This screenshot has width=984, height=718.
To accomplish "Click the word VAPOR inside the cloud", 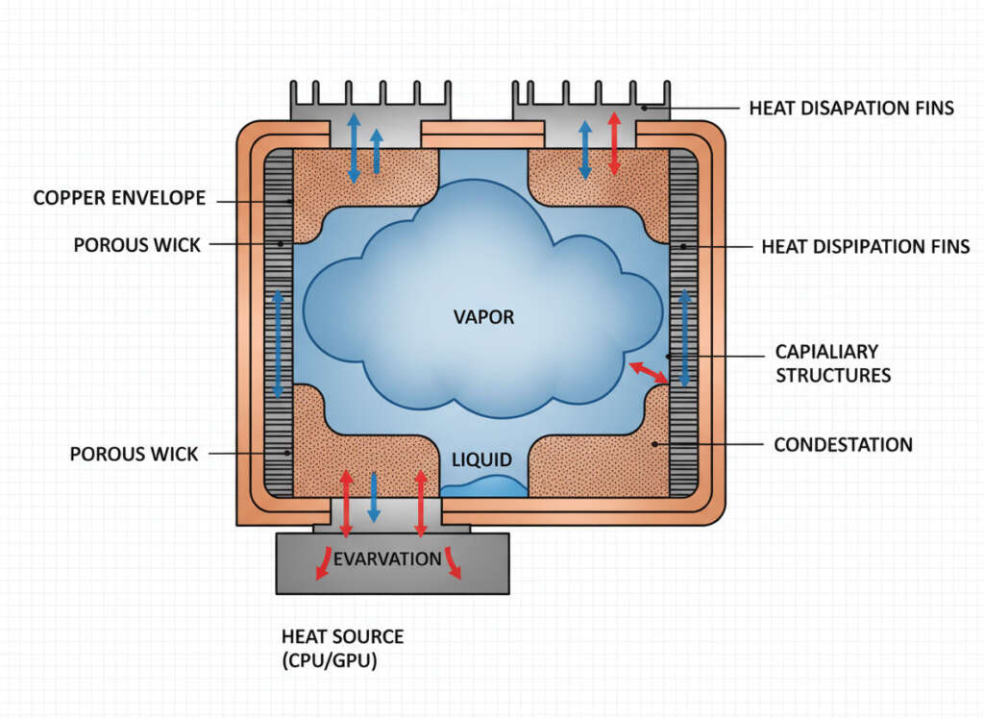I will (483, 316).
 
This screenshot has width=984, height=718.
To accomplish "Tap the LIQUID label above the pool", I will (482, 459).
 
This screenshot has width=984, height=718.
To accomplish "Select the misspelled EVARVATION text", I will (387, 558).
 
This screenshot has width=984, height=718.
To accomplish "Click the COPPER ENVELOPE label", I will (119, 199).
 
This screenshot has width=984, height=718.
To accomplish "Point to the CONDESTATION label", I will (843, 444).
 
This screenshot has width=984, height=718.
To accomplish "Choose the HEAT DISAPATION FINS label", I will (851, 108).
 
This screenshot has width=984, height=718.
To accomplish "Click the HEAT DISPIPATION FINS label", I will (865, 246).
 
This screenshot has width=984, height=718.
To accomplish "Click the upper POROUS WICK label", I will (136, 245).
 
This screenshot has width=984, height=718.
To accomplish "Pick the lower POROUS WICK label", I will (134, 453).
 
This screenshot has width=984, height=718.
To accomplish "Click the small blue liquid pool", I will (484, 486).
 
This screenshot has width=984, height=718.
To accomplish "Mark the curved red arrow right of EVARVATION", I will (453, 566).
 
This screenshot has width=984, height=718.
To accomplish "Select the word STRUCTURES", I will (833, 375).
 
